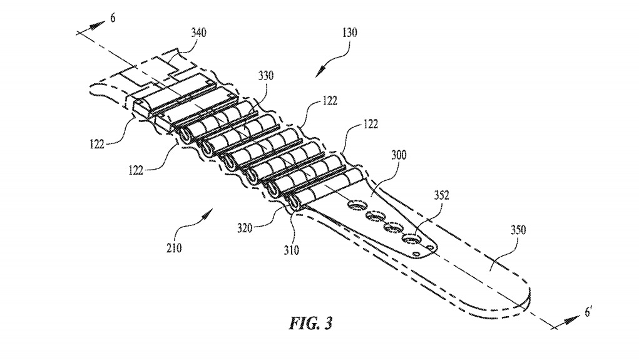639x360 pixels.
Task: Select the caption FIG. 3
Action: tap(309, 324)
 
